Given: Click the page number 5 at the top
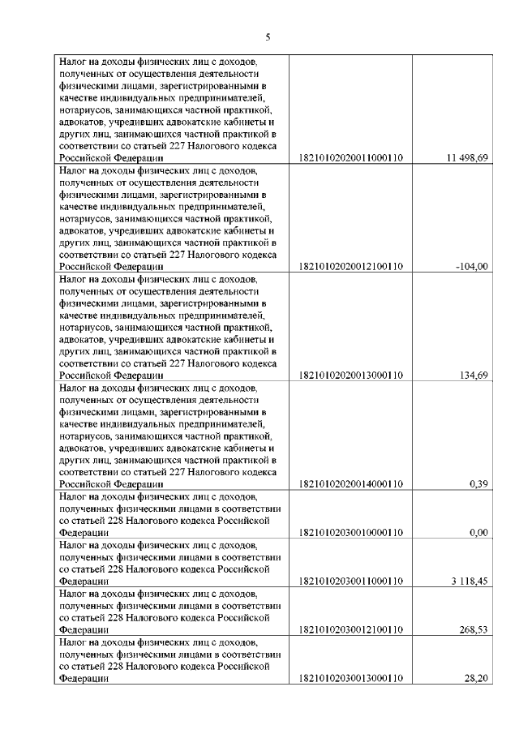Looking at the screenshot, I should click(x=267, y=36).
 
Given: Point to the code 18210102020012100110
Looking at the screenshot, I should click(x=351, y=266).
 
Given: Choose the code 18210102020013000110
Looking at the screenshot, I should click(x=351, y=375).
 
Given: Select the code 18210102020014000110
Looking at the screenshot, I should click(x=351, y=484).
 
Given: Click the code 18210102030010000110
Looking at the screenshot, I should click(x=351, y=533).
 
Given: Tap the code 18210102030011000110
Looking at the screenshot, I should click(x=351, y=582).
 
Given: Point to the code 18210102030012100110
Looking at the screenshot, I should click(x=351, y=630).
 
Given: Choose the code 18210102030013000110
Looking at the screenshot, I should click(x=351, y=679).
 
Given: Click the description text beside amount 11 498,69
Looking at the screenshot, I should click(x=169, y=109).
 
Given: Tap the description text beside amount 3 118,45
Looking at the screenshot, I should click(x=169, y=564).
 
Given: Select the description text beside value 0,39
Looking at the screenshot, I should click(x=169, y=436).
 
